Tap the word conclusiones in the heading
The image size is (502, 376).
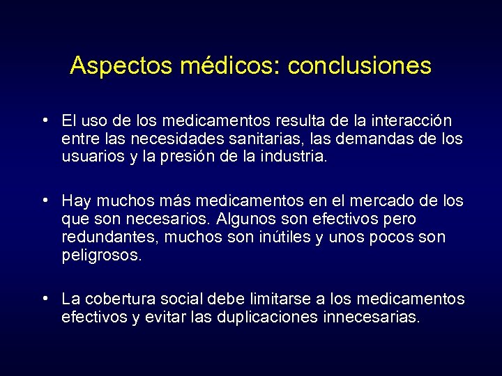coord(360,66)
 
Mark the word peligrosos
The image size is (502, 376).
coord(102,256)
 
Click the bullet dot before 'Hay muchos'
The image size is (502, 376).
coord(45,201)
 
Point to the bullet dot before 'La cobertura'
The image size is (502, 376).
coord(45,299)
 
